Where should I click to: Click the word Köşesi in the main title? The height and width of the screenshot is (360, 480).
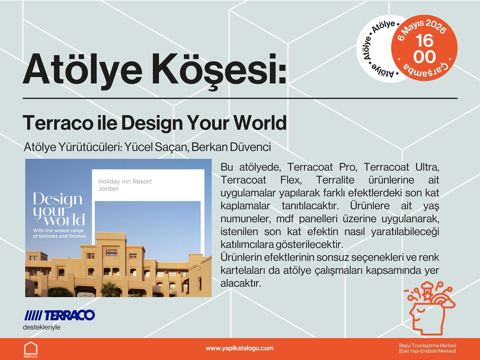tap(219, 70)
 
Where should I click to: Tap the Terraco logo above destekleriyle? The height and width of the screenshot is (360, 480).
tap(60, 315)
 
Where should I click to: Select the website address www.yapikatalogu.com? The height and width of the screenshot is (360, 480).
tap(239, 348)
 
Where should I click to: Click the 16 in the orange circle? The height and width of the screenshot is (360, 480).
tap(424, 41)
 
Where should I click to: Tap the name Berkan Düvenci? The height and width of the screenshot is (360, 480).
tap(231, 147)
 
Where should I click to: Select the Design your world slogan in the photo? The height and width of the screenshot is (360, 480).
tap(59, 209)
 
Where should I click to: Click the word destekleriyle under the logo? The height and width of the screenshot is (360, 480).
tap(41, 327)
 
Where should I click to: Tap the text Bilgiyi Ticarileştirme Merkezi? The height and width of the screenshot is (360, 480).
tap(427, 346)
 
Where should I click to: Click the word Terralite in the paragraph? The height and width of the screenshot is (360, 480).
tap(335, 180)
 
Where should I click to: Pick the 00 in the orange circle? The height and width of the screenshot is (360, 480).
tap(424, 57)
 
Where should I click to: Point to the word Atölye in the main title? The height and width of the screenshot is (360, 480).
tap(82, 70)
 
